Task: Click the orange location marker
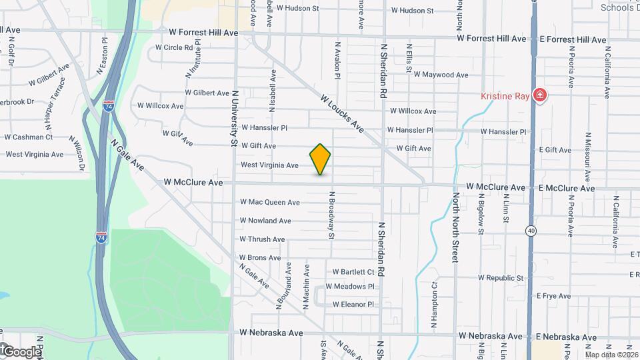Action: coord(321,159)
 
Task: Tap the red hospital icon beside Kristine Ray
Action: coord(539,97)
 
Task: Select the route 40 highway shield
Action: coord(531,231)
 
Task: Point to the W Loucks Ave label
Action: coord(341,112)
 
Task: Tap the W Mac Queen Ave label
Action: coord(270,202)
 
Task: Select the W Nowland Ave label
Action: coord(265,221)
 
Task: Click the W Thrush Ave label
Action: coord(262,239)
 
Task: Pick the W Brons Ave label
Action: coord(260,258)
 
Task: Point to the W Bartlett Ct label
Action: coord(353,272)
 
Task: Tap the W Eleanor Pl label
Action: coord(353,305)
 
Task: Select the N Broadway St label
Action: coord(331,215)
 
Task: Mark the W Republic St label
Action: coord(501,278)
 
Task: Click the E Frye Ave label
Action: coord(555,296)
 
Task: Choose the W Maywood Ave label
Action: coord(441,75)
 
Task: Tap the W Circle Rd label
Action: coord(174,47)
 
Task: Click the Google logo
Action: coord(21,351)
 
